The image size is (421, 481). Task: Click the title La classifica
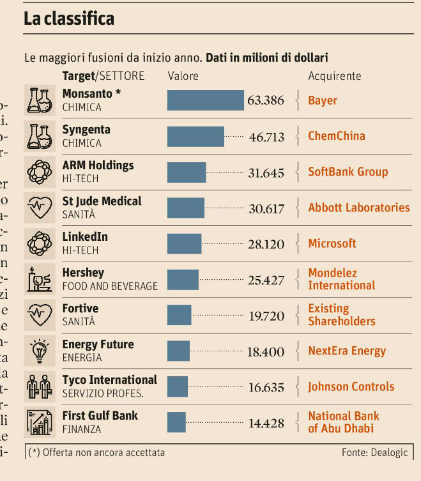tap(69, 19)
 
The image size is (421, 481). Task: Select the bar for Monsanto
tap(205, 100)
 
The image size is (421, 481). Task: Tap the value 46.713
tap(266, 136)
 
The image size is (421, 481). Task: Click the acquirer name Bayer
tap(323, 100)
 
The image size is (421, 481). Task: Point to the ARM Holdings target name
tap(98, 165)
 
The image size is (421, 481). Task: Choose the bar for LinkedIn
tap(184, 243)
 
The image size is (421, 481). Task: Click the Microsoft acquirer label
tap(332, 243)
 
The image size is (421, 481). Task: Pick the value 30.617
tap(266, 208)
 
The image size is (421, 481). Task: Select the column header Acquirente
tap(334, 76)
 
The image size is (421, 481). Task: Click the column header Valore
tap(183, 76)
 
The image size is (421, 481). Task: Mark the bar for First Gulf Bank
tap(176, 422)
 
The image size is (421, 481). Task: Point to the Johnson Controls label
tap(351, 386)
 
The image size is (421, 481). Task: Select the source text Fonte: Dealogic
tap(374, 452)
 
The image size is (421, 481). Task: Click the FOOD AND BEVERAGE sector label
tap(109, 286)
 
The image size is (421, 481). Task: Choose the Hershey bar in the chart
tap(183, 279)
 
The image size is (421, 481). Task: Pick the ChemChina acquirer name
tap(337, 136)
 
